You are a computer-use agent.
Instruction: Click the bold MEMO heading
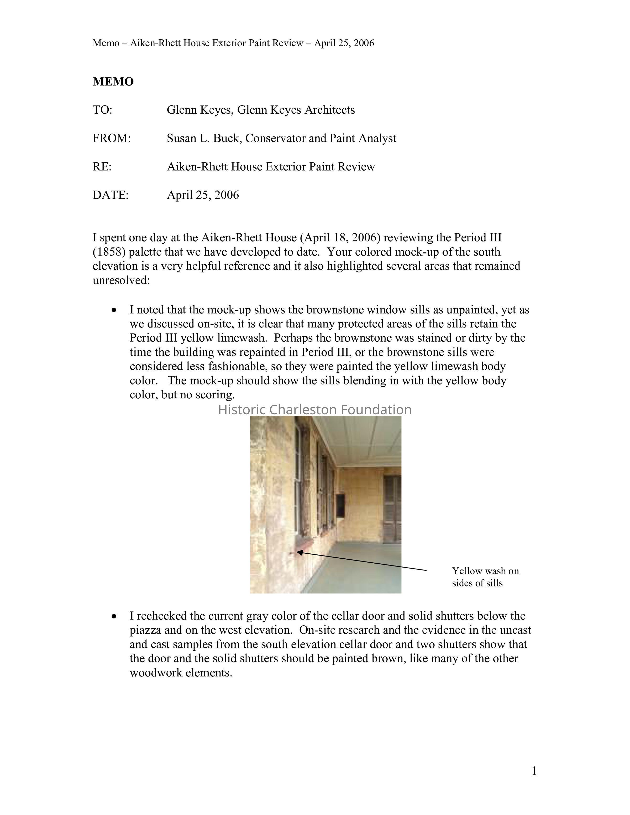[x=113, y=82]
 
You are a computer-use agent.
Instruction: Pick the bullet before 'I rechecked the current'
[x=114, y=616]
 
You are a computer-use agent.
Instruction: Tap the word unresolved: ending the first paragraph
[x=121, y=281]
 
